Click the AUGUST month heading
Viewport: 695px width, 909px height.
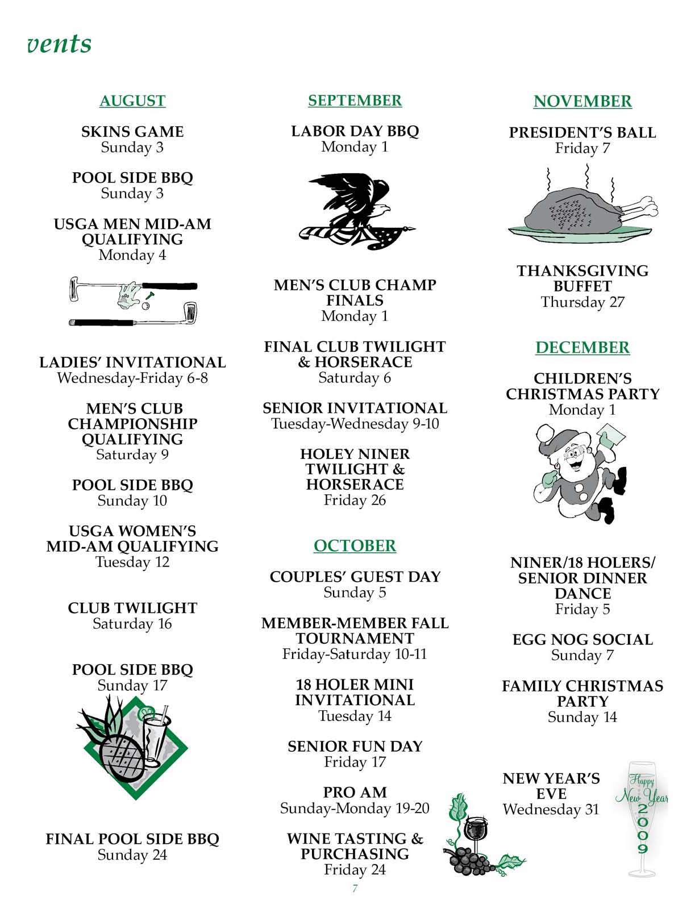(132, 101)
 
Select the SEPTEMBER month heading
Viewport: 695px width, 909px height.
(355, 101)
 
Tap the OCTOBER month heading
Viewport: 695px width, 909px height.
(355, 545)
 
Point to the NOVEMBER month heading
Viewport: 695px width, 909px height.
(582, 101)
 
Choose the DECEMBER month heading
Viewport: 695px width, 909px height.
(582, 347)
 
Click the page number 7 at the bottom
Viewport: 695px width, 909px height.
(355, 889)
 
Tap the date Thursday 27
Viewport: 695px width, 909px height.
(582, 302)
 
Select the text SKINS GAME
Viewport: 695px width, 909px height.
(132, 132)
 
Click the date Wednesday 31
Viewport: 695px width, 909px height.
(551, 809)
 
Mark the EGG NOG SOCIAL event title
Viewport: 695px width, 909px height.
(582, 640)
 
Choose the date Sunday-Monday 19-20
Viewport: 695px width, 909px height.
(355, 808)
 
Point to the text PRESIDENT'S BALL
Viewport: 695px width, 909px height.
(582, 132)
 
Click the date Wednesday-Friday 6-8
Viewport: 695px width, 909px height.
(132, 378)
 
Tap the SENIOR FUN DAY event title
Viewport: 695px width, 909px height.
(355, 746)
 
